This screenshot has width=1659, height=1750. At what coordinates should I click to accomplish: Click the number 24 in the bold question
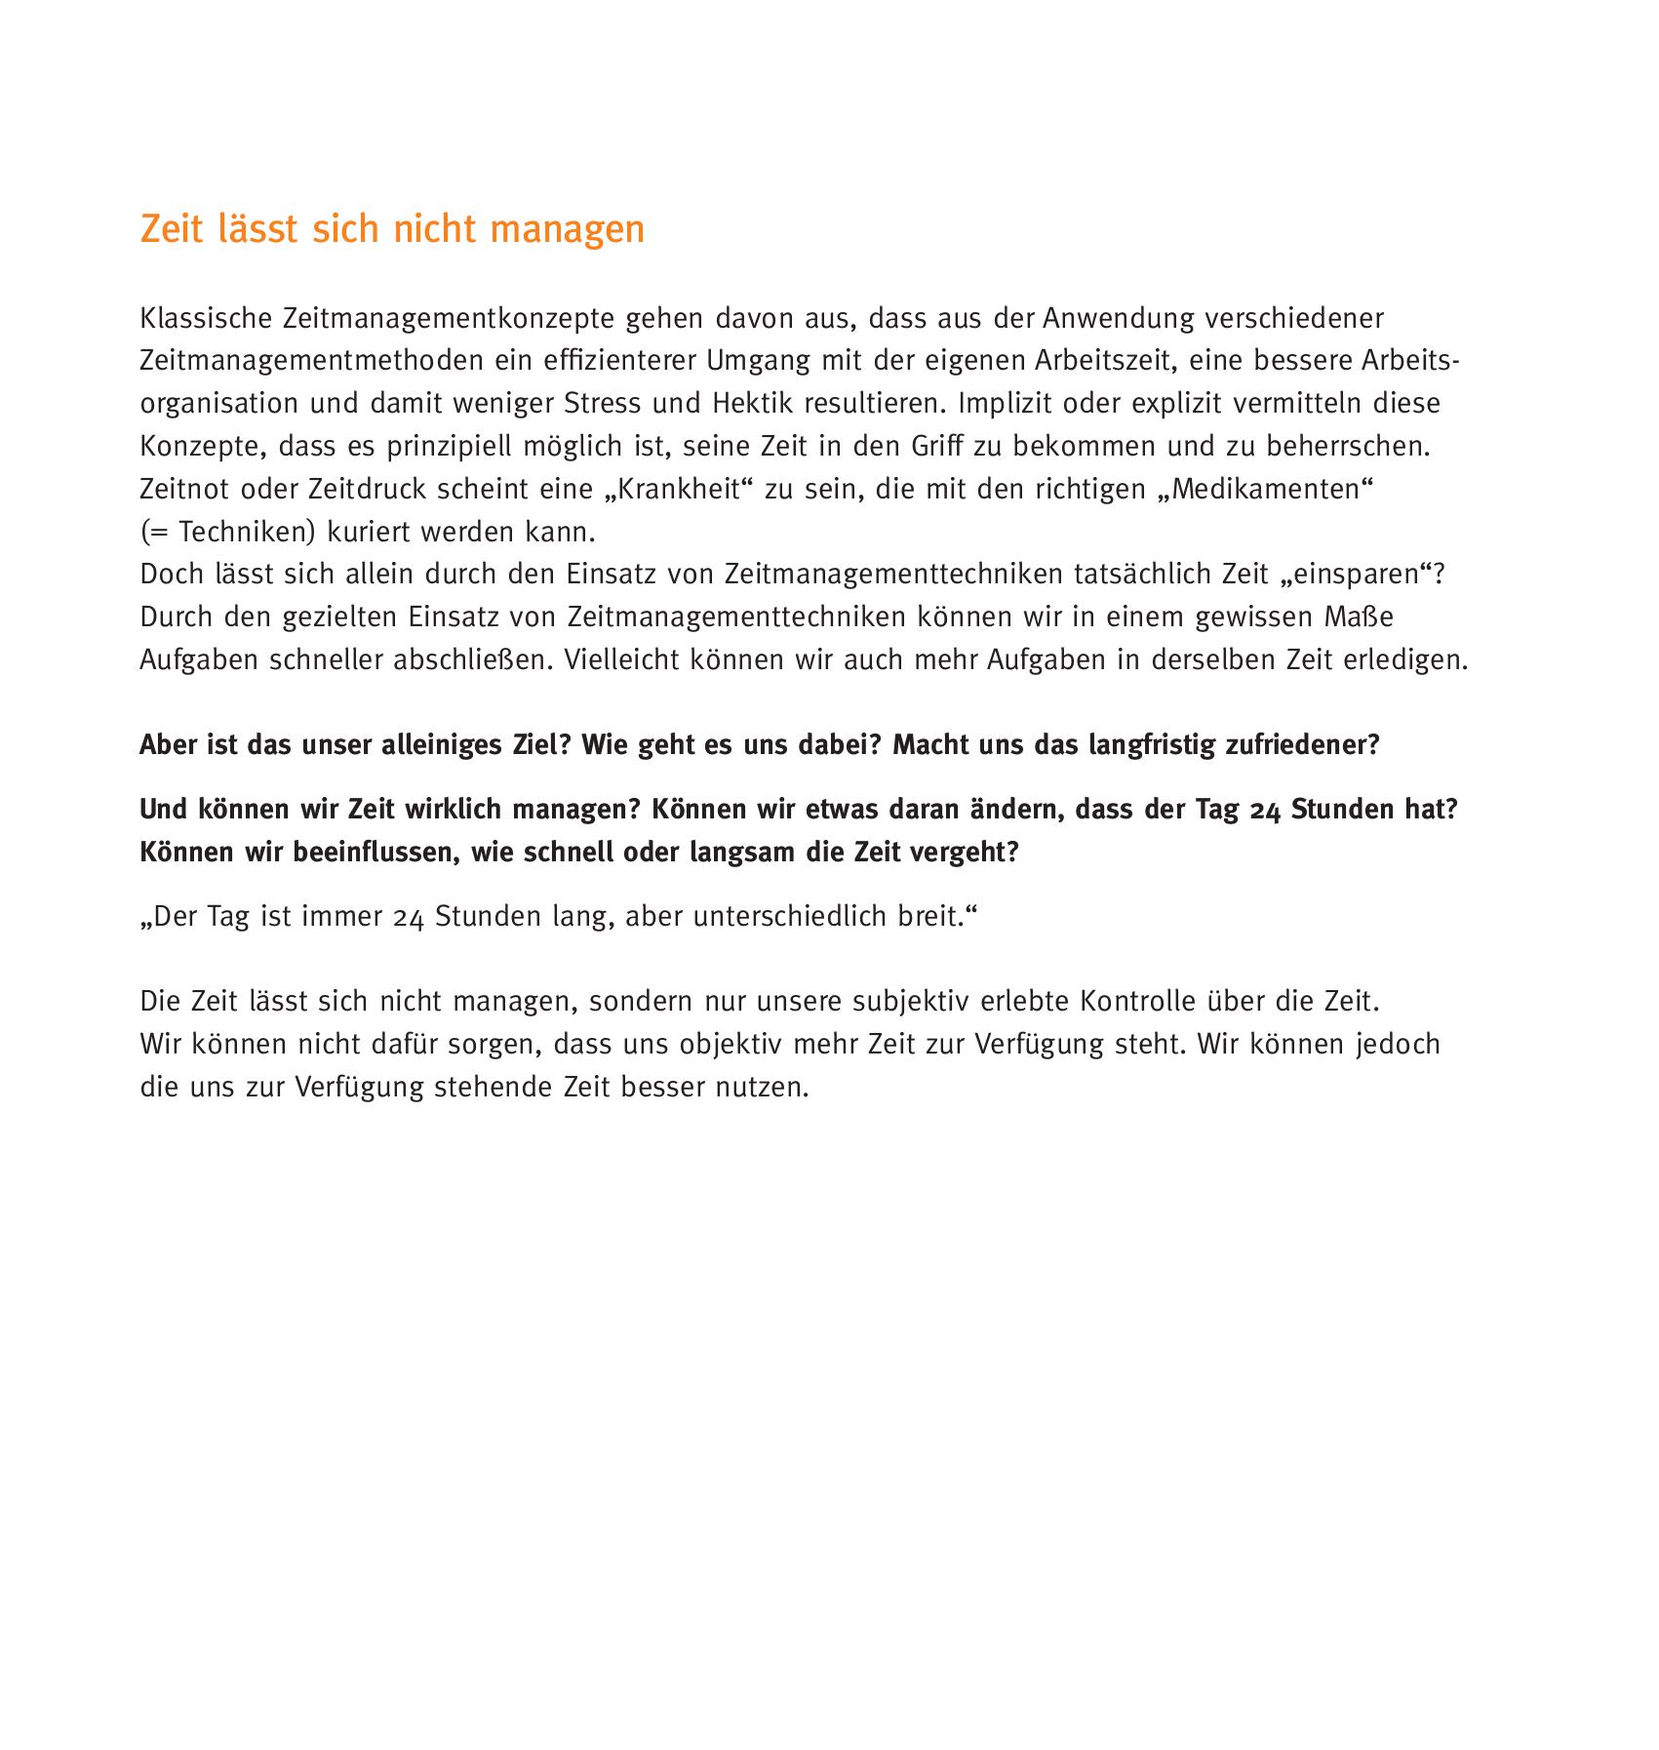[x=1264, y=811]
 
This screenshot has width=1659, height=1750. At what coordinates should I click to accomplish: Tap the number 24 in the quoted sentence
[x=409, y=918]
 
